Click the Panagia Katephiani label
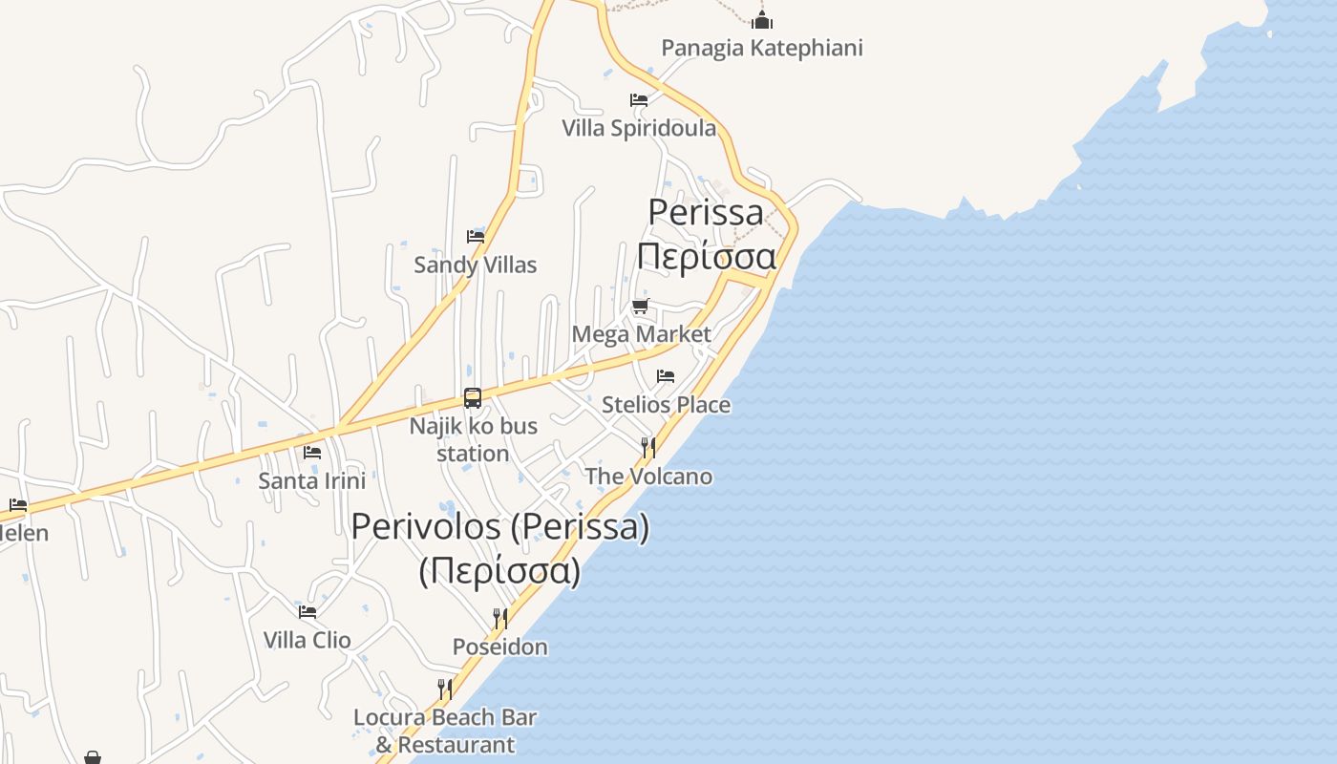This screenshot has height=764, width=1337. point(761,48)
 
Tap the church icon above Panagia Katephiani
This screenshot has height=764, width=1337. point(761,19)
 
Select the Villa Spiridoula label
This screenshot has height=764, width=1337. point(639,128)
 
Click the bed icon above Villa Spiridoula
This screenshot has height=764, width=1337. point(639,99)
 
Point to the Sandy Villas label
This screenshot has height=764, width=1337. point(475,265)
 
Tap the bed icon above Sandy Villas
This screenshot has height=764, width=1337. point(475,236)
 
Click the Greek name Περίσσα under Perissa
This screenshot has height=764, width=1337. point(706,256)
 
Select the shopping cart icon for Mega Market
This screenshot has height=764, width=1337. point(640,307)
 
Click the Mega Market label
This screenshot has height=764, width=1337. point(641,334)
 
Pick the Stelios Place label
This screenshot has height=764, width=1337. point(666,405)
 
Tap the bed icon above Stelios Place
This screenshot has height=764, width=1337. point(666,376)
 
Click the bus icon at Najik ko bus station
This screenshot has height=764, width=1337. point(473,397)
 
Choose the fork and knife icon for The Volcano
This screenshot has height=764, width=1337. point(647,447)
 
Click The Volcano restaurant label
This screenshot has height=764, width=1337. point(648,476)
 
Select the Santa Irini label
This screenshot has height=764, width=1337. point(311,480)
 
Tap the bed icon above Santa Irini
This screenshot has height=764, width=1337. point(311,452)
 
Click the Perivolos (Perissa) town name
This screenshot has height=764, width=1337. point(500,526)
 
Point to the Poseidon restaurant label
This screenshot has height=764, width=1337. point(499,647)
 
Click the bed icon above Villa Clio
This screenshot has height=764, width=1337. point(307,611)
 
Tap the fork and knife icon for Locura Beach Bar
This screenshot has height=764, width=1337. point(444,689)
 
